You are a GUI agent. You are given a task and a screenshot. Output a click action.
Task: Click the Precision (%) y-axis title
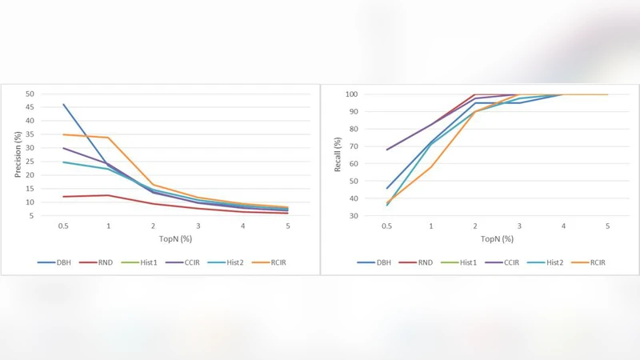(x=18, y=154)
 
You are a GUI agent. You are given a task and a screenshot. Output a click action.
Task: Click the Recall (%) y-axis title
(x=338, y=154)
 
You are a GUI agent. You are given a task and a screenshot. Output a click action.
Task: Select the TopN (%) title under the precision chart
(x=174, y=239)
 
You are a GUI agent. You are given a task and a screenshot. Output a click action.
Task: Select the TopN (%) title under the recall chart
(x=496, y=239)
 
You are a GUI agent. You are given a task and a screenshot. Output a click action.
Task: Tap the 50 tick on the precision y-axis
(x=30, y=94)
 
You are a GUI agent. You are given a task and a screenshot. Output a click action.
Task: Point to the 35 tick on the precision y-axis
(x=30, y=134)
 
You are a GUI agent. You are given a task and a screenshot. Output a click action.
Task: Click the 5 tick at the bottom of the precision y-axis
(x=32, y=215)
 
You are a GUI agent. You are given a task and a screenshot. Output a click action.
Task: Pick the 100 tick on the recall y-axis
(x=350, y=94)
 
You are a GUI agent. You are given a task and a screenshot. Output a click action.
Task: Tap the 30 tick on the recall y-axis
(x=353, y=215)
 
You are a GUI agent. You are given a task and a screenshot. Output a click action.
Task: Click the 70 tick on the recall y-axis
(x=353, y=146)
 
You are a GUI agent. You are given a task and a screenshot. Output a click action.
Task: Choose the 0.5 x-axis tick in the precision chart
(x=62, y=226)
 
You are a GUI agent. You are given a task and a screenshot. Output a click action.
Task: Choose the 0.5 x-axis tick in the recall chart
(x=387, y=226)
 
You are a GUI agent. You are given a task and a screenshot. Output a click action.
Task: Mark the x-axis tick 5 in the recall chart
(x=607, y=226)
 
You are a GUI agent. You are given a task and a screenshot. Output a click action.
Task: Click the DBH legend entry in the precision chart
(x=62, y=262)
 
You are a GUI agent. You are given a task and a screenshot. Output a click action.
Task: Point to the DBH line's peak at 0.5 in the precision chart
(x=63, y=104)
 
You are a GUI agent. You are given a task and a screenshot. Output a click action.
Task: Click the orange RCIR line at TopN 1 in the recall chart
(x=431, y=167)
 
